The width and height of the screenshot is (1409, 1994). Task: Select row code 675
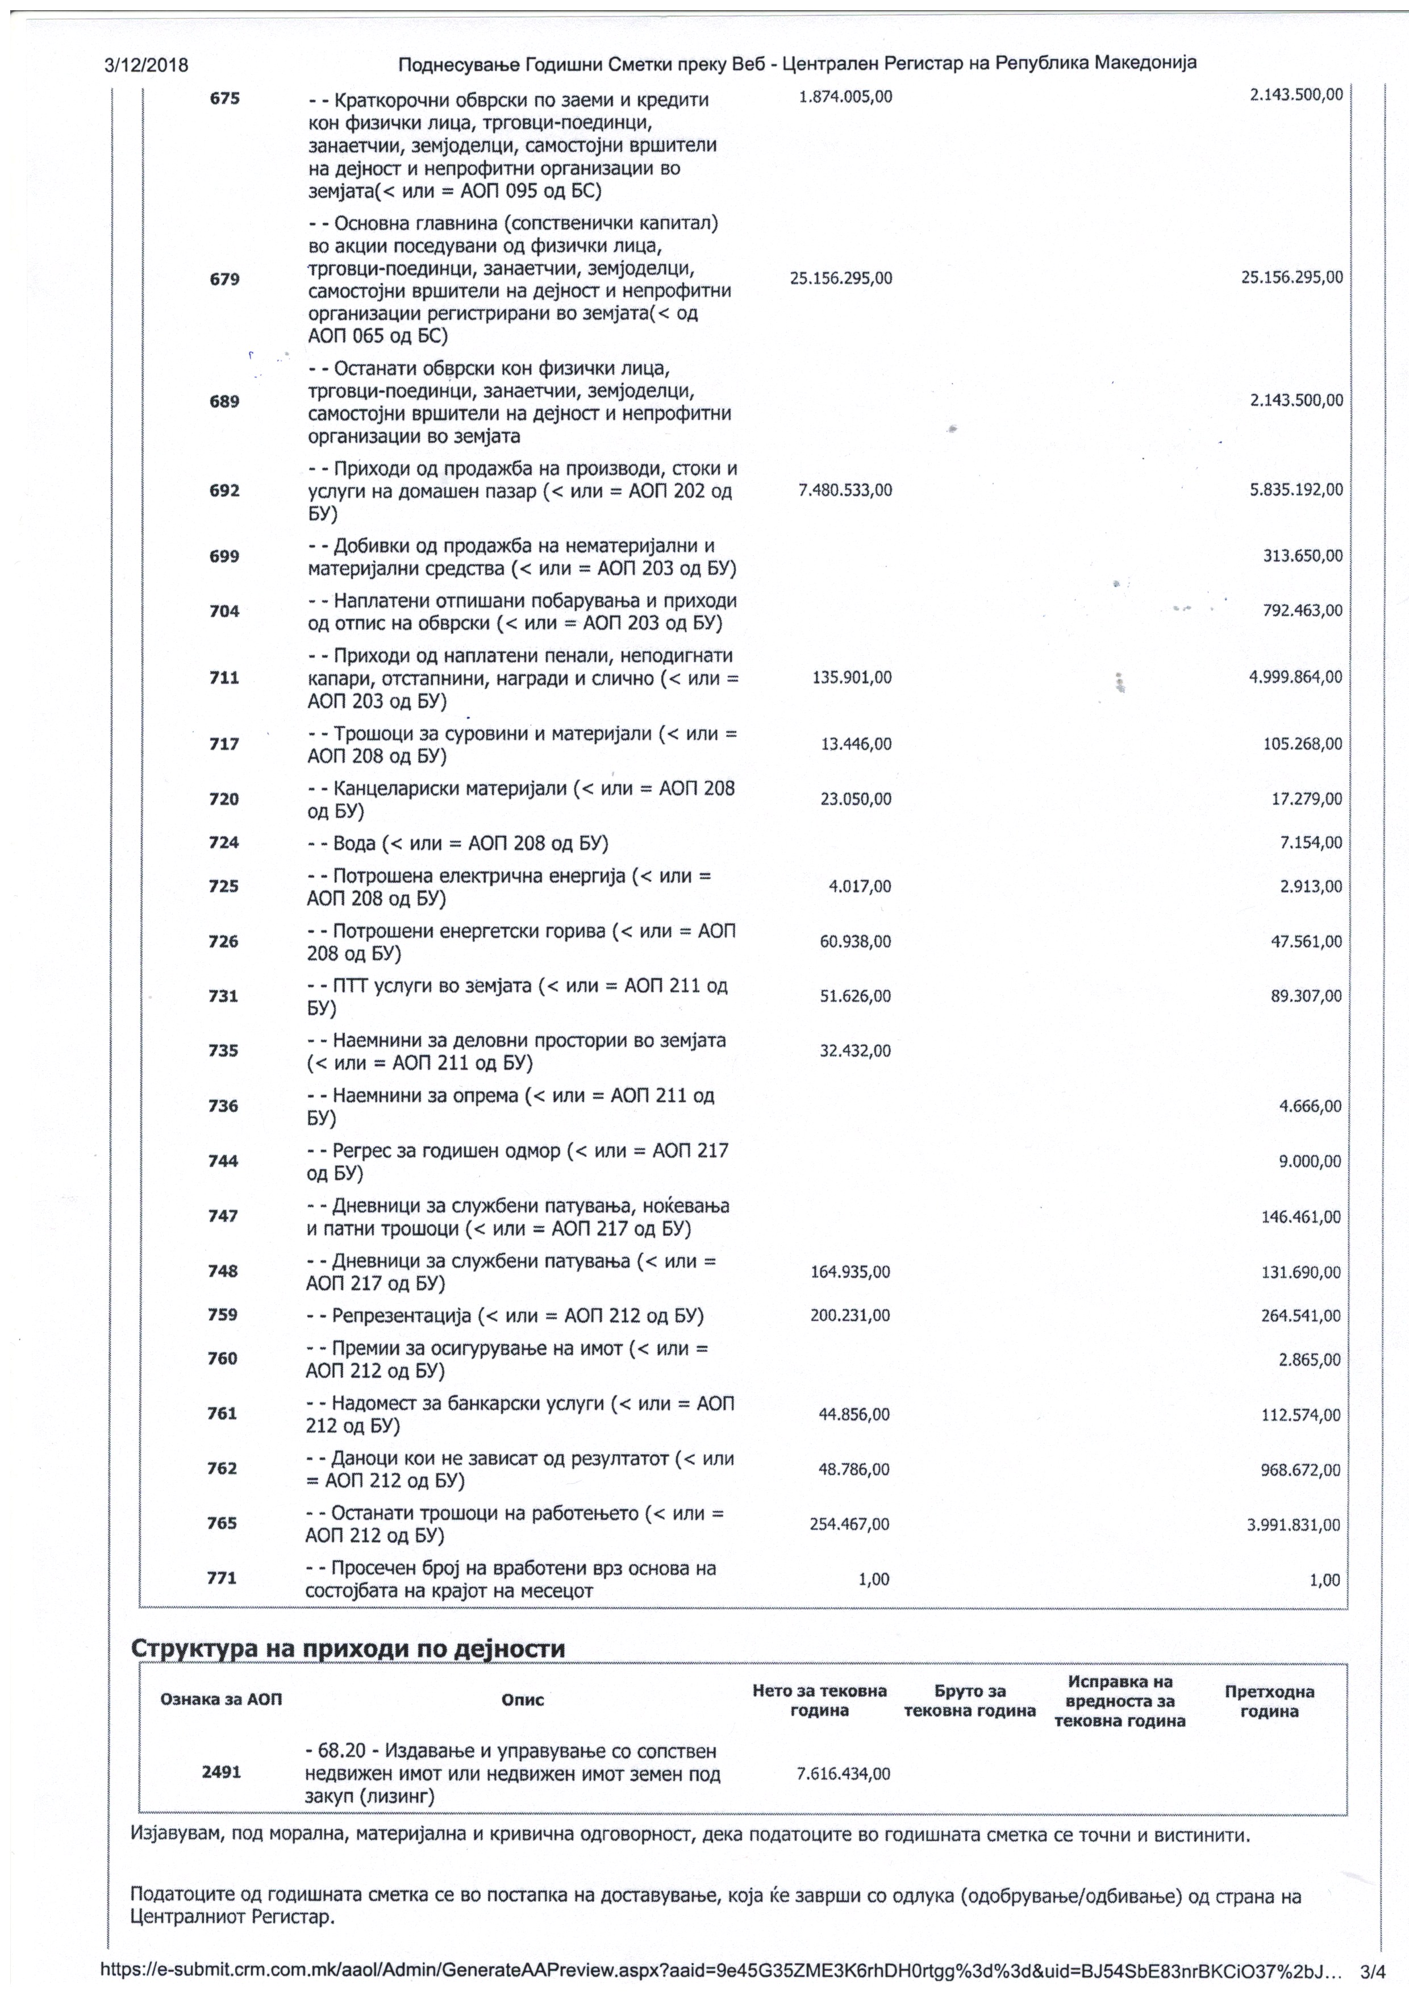pyautogui.click(x=225, y=98)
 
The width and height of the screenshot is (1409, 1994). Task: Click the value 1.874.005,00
pyautogui.click(x=845, y=97)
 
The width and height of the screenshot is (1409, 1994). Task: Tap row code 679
pyautogui.click(x=225, y=279)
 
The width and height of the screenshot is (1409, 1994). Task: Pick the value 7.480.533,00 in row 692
pyautogui.click(x=845, y=491)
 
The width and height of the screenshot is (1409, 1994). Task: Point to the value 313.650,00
pyautogui.click(x=1302, y=556)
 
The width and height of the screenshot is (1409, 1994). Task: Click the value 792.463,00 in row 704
pyautogui.click(x=1302, y=610)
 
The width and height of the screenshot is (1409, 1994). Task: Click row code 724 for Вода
pyautogui.click(x=224, y=842)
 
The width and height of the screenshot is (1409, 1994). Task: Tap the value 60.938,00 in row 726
pyautogui.click(x=855, y=941)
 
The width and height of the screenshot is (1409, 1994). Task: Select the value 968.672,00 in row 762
pyautogui.click(x=1300, y=1469)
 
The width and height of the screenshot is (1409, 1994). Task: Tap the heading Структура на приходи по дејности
pyautogui.click(x=347, y=1649)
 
